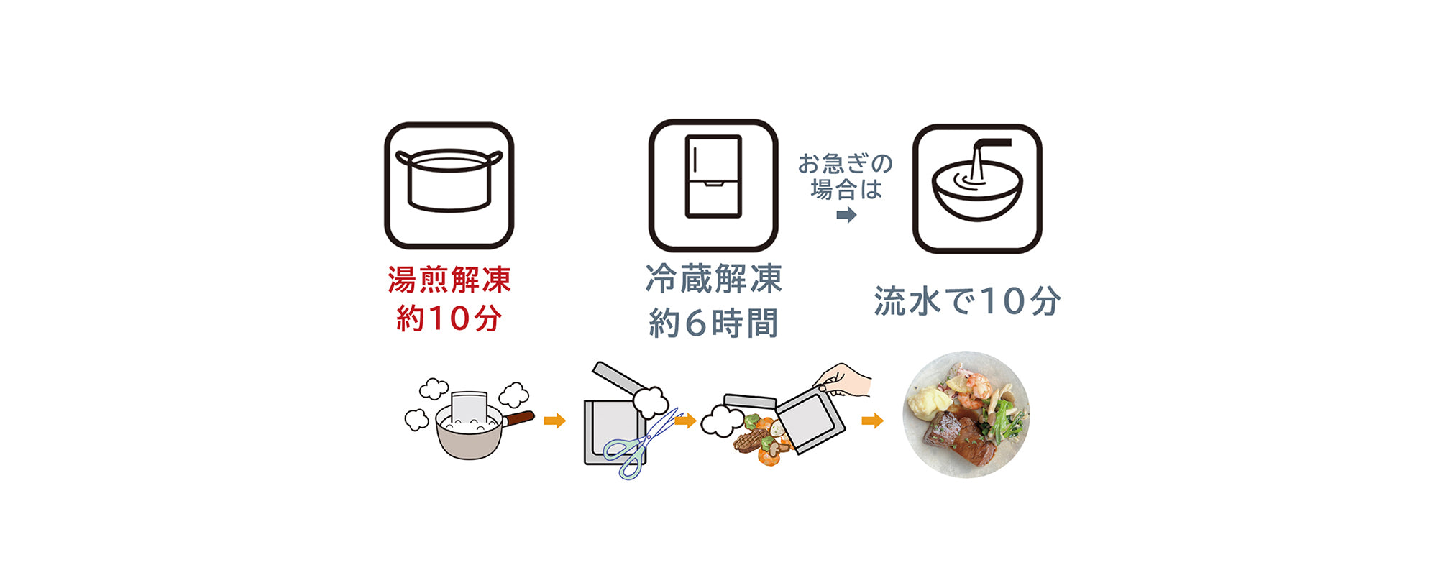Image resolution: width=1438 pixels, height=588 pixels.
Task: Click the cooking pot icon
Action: click(449, 185)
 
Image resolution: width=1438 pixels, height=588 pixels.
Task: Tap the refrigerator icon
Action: click(713, 185)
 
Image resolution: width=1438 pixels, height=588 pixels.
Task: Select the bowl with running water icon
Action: click(976, 188)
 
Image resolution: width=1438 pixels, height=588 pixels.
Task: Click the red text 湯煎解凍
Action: click(449, 280)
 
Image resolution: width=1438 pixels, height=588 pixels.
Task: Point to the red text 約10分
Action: click(449, 318)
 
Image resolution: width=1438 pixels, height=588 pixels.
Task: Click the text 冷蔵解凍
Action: click(713, 279)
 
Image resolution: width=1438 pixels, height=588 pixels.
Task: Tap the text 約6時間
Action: click(713, 323)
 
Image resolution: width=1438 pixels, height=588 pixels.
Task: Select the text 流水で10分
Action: click(967, 300)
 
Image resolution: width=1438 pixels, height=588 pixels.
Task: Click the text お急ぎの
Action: click(846, 164)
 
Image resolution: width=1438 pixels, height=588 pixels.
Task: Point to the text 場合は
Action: click(846, 189)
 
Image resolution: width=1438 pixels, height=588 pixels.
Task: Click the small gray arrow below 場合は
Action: click(846, 214)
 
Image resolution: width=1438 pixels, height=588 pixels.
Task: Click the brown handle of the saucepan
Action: click(519, 418)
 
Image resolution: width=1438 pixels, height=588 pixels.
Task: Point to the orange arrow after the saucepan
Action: click(554, 421)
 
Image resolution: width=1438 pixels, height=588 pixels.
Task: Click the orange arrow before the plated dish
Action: click(872, 421)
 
